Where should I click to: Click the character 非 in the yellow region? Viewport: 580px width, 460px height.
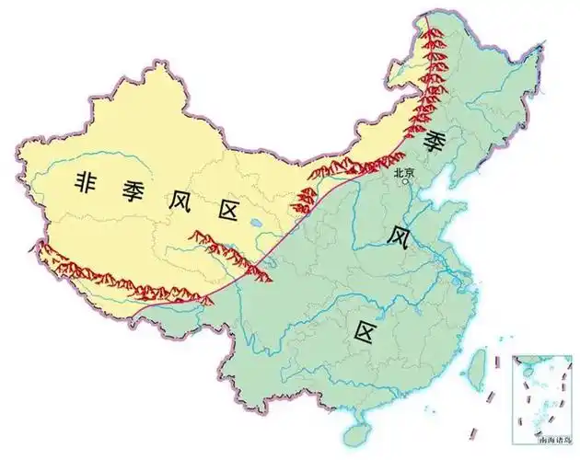pos(88,182)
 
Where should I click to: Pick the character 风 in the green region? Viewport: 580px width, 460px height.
pos(397,236)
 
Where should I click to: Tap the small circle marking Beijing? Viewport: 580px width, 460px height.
pos(404,181)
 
